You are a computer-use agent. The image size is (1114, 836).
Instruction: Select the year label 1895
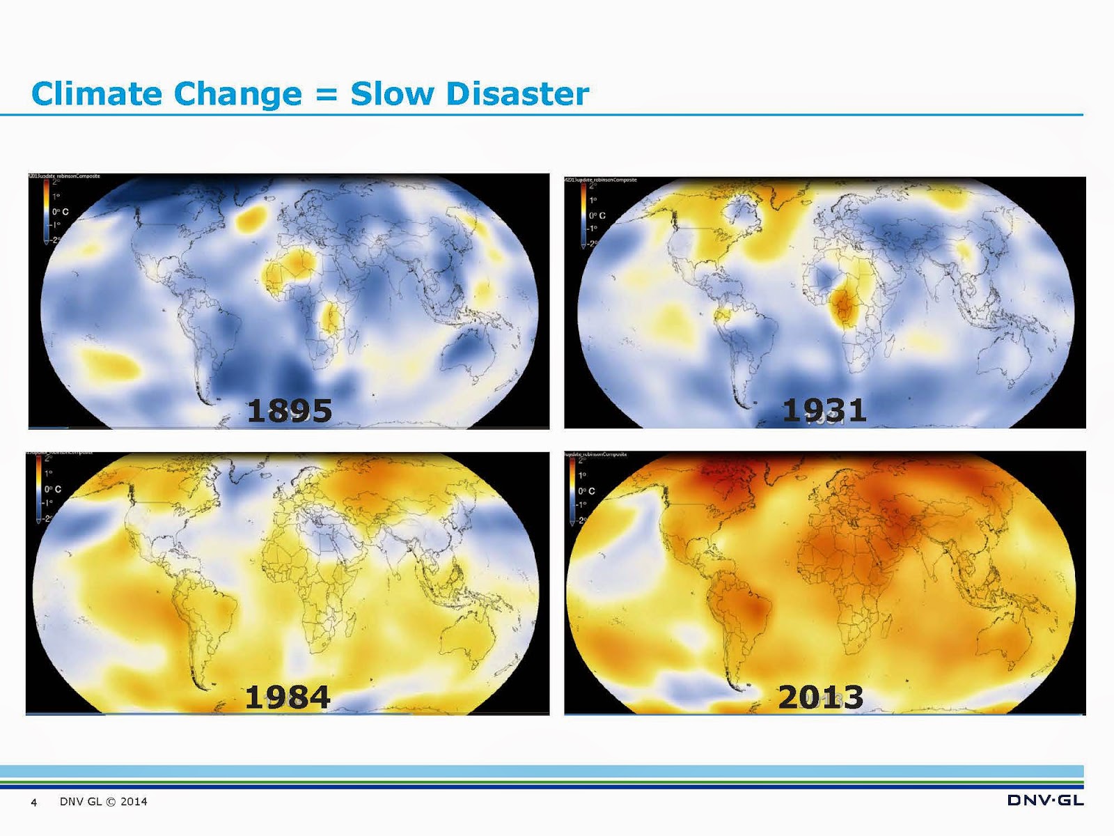pyautogui.click(x=290, y=410)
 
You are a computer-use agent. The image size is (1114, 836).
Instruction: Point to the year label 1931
pyautogui.click(x=824, y=410)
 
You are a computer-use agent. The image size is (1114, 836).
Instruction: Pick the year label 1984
pyautogui.click(x=288, y=697)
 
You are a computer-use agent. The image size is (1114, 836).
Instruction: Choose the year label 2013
pyautogui.click(x=821, y=697)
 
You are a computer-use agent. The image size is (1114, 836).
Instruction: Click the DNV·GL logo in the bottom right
pyautogui.click(x=1045, y=800)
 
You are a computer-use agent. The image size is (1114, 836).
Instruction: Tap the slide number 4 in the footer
pyautogui.click(x=34, y=803)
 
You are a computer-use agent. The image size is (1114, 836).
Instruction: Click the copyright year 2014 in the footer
pyautogui.click(x=134, y=802)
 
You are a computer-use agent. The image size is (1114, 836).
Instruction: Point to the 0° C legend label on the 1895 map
pyautogui.click(x=61, y=211)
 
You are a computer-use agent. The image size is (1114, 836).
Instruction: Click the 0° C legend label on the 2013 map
pyautogui.click(x=586, y=491)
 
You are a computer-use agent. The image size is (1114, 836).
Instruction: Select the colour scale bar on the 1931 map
pyautogui.click(x=583, y=215)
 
